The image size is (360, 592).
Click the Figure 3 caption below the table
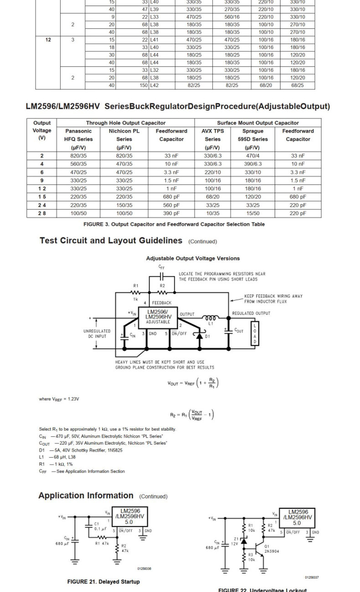point(174,224)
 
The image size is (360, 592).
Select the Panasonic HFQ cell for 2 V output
point(78,156)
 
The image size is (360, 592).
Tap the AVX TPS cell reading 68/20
point(212,197)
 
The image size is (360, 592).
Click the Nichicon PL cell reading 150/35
point(124,205)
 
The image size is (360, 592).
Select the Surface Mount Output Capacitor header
point(257,123)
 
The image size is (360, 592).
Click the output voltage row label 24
point(42,205)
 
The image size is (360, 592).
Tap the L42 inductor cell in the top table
point(155,85)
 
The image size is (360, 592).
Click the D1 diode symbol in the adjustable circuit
point(199,336)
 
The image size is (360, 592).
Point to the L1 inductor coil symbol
point(210,318)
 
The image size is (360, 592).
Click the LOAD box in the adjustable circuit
point(255,333)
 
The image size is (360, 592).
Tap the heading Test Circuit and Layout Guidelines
point(111,240)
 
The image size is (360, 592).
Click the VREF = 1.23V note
point(59,399)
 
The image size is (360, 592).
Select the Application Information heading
point(86,495)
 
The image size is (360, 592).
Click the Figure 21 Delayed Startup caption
point(103,582)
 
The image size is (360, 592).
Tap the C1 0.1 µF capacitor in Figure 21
point(89,526)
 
